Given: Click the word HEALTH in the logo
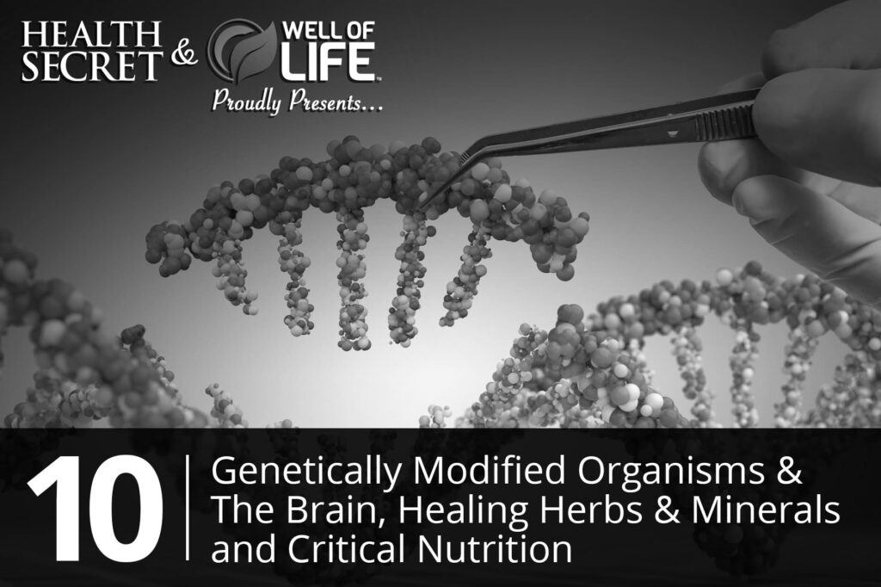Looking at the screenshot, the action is (x=91, y=35).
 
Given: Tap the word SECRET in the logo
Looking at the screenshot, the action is (x=91, y=65).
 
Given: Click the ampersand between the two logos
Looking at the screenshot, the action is (x=184, y=53).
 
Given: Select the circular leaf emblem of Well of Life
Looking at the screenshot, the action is (x=242, y=51).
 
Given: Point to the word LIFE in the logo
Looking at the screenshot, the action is (x=328, y=61).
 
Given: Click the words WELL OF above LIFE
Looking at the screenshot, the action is (x=328, y=30).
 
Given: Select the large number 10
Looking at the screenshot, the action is (x=96, y=510).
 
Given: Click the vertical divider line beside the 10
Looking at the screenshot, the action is (x=187, y=509).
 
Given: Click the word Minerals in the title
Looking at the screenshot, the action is (x=766, y=509).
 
